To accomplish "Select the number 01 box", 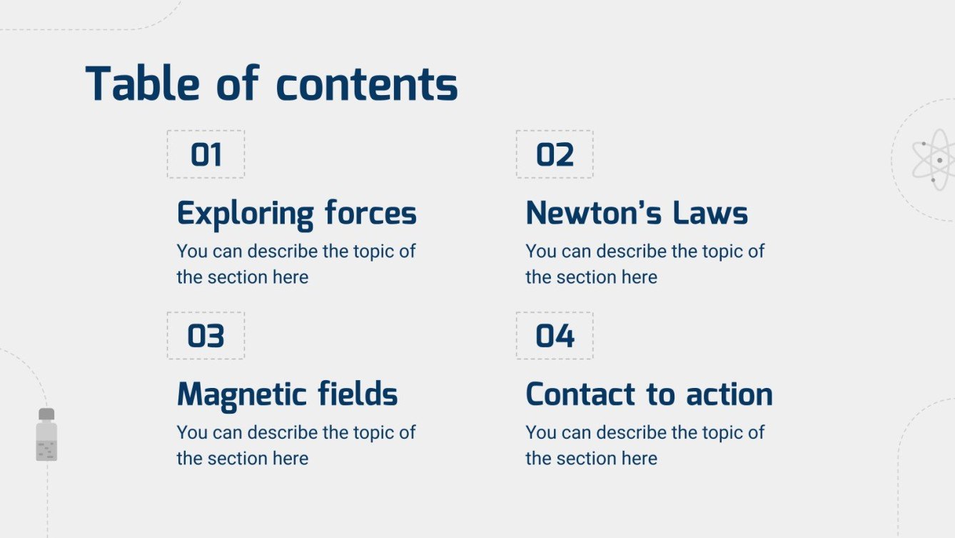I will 206,154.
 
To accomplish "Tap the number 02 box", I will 555,154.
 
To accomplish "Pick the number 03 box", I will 206,336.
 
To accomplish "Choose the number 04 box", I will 555,336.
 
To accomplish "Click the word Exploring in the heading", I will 245,214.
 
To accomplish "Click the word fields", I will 359,394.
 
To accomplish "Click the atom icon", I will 932,160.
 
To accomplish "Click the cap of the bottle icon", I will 46,414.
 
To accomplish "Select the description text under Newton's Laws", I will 645,264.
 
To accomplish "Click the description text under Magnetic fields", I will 295,445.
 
